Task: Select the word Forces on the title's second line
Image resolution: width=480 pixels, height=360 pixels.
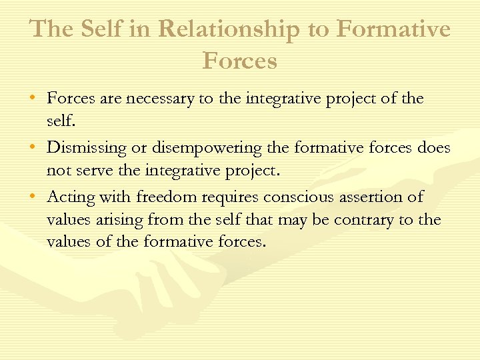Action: click(239, 61)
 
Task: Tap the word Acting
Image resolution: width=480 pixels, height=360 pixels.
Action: click(71, 197)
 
